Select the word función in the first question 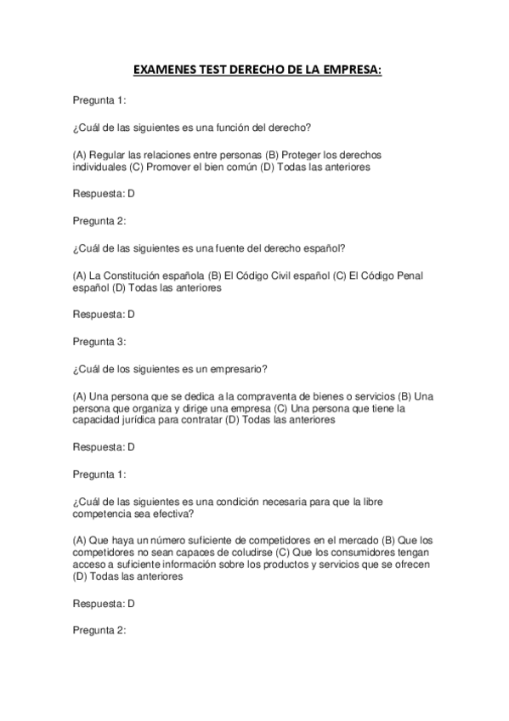click(233, 128)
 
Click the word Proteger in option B click(301, 156)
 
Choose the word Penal click(405, 276)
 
